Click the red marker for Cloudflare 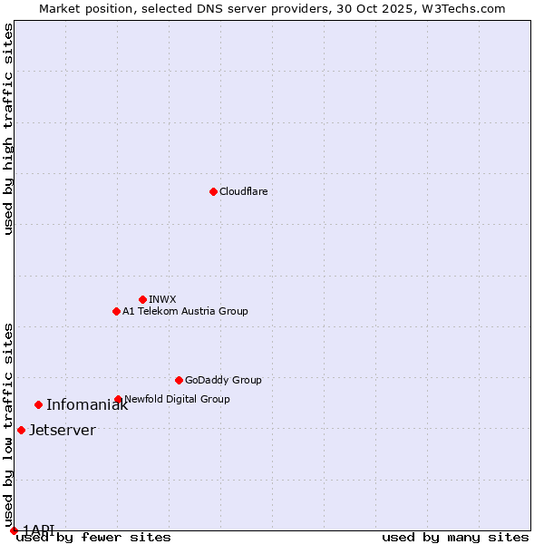[x=213, y=191]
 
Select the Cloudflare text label [x=243, y=191]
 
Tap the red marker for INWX [x=142, y=299]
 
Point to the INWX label [x=162, y=299]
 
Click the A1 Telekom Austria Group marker [x=116, y=311]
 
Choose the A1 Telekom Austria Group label [x=185, y=311]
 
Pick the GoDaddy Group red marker [x=179, y=380]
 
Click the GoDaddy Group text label [x=223, y=380]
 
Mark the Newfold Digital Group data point [x=118, y=399]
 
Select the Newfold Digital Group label [x=177, y=399]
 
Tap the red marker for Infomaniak [x=38, y=404]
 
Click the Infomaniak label [x=87, y=405]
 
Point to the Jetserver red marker [x=21, y=430]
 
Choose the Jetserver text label [x=62, y=430]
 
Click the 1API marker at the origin [x=14, y=530]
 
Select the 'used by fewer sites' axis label [x=93, y=537]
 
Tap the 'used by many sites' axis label [x=455, y=537]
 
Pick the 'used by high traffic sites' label [x=8, y=129]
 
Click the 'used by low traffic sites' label [x=8, y=418]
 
